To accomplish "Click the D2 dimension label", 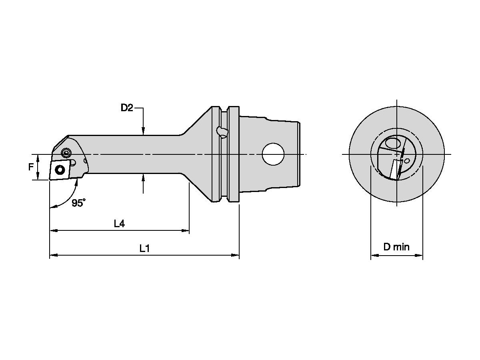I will (x=127, y=108).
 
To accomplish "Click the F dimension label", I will (x=31, y=167).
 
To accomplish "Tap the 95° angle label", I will (x=78, y=203).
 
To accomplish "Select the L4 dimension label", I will (x=119, y=224).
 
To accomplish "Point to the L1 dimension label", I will (x=144, y=248).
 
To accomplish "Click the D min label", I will (x=396, y=247).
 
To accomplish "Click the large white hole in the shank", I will (x=273, y=154).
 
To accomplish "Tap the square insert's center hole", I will (x=60, y=170).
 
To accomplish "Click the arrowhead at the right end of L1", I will (x=236, y=255).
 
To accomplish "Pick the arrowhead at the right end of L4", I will (x=186, y=230).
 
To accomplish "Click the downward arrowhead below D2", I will (x=143, y=132).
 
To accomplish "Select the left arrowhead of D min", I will (x=374, y=255).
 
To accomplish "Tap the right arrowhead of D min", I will (x=420, y=255).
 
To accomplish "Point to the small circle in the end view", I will (x=407, y=161).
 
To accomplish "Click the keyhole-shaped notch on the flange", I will (x=221, y=131).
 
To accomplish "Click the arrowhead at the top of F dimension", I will (x=38, y=158).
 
